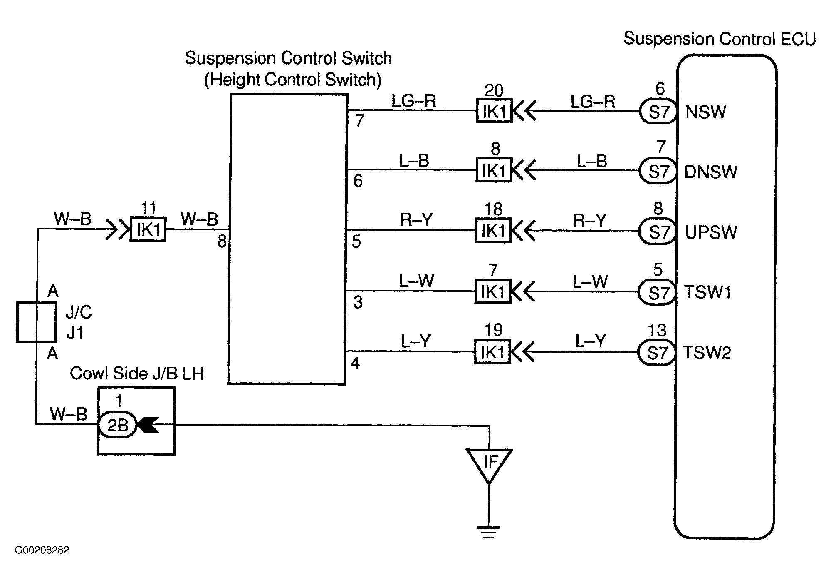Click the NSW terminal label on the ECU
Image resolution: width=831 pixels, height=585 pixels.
coord(705,112)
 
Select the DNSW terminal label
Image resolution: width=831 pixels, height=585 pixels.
coord(710,172)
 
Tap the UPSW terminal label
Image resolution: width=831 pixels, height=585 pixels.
coord(710,232)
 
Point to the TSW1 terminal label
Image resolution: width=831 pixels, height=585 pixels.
coord(707,292)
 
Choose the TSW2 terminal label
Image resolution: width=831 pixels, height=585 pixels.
coord(707,353)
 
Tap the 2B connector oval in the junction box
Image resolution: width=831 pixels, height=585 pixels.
coord(117,425)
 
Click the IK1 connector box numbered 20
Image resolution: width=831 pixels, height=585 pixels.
coord(494,110)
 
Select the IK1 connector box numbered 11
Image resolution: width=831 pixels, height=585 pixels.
coord(148,229)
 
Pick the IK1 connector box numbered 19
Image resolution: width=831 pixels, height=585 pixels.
coord(492,352)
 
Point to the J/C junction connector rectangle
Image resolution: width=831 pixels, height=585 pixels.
coord(36,322)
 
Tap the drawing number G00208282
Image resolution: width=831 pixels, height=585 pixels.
coord(42,550)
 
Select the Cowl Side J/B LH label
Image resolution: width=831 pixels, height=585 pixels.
coord(137,374)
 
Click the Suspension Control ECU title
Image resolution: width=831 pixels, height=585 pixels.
coord(720,39)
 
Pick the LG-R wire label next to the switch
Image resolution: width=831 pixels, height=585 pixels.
coord(413,101)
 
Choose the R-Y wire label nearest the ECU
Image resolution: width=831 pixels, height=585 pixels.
coord(590,220)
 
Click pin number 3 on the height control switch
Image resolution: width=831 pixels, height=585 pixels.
coord(358,302)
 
